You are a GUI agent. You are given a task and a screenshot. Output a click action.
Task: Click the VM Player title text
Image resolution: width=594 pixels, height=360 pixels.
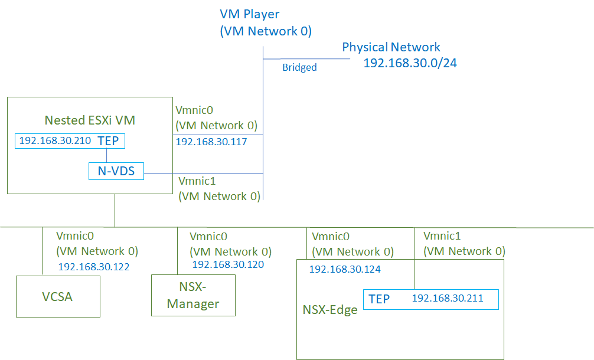point(249,14)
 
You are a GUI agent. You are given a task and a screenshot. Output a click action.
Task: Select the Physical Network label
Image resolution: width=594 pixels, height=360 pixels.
point(391,47)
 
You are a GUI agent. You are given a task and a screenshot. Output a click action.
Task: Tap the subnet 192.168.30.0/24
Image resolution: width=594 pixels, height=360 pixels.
point(410,63)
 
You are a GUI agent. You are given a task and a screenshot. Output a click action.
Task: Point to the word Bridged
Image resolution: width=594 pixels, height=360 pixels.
point(299,67)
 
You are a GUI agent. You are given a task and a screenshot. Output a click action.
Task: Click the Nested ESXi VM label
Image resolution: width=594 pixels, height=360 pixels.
point(90,120)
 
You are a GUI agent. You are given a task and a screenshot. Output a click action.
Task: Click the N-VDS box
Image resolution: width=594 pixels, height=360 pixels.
point(116,171)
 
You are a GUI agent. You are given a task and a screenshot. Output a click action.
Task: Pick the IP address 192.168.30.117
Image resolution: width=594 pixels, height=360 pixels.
point(211,142)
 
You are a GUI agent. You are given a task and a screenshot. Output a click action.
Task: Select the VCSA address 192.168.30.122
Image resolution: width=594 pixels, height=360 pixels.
point(93,267)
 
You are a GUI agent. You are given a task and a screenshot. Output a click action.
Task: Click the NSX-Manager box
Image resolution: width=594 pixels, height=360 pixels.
point(193,295)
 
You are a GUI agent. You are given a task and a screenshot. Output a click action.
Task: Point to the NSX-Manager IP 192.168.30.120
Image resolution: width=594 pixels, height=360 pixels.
point(228,265)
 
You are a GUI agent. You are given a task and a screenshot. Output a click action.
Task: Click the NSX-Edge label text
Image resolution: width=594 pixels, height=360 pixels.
point(330,310)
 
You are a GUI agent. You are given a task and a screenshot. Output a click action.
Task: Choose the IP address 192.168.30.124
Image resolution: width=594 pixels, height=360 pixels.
point(345,269)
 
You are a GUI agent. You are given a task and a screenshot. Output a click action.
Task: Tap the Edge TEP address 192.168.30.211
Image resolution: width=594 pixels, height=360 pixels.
point(448,299)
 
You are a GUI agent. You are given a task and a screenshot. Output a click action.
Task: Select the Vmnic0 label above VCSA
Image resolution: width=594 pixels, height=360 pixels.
point(74,235)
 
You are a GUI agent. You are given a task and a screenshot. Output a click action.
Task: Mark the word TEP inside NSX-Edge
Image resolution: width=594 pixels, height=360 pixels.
point(379,299)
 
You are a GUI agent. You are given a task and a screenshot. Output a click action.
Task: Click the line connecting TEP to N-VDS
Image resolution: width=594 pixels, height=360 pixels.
point(106,155)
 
